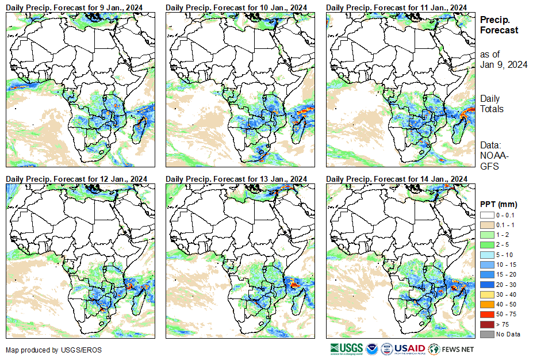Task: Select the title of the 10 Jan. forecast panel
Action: (x=238, y=6)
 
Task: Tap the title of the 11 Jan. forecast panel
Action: (x=398, y=6)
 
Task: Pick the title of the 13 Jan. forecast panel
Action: (x=238, y=179)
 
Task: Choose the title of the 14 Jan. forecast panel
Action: (x=398, y=179)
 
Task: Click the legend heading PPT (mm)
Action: (x=499, y=204)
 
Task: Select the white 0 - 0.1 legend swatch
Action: (x=488, y=215)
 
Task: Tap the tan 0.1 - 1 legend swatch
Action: (x=488, y=225)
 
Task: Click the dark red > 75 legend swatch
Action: (x=488, y=324)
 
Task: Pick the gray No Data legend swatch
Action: (x=488, y=334)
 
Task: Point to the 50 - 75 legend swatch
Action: (x=488, y=315)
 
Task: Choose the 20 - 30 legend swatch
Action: (x=488, y=285)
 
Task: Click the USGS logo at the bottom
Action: (x=346, y=348)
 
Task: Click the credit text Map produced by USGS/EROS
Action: (x=46, y=350)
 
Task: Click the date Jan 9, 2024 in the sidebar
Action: (x=504, y=64)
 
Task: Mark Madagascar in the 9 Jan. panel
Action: (x=139, y=128)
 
